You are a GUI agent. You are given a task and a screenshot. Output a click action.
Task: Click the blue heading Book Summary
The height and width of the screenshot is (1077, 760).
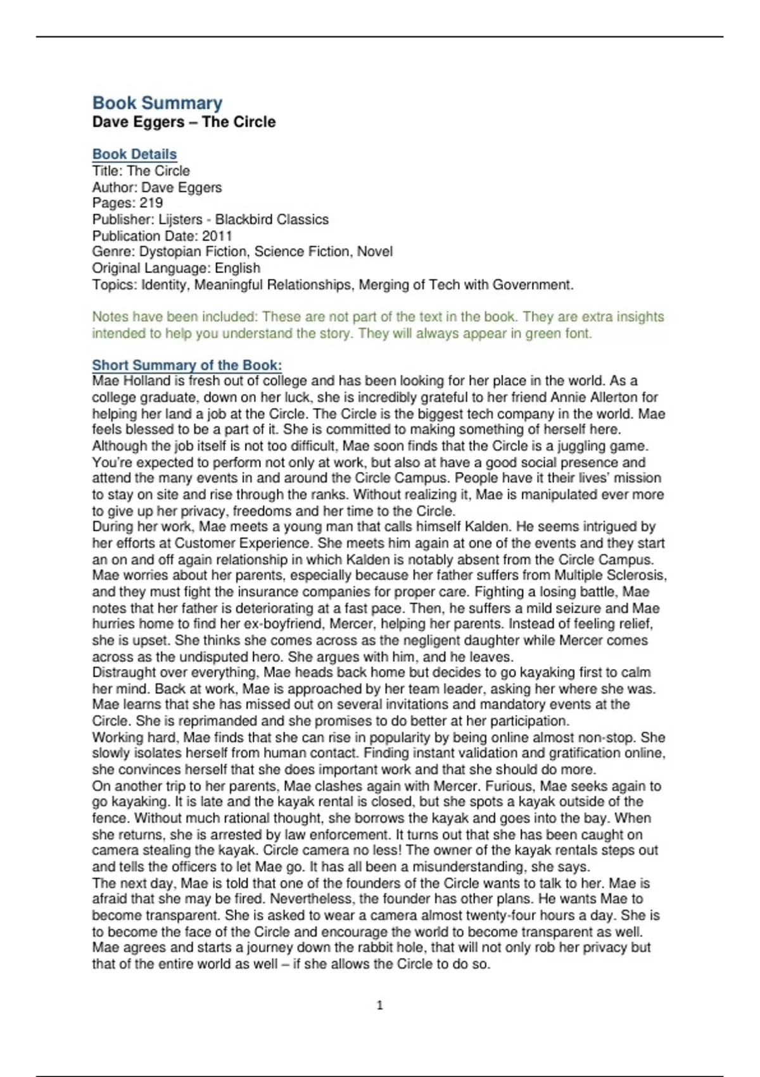click(157, 103)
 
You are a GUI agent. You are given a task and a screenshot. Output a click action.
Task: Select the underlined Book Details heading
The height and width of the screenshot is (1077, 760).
click(134, 154)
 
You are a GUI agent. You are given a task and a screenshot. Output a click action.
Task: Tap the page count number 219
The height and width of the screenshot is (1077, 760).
click(151, 203)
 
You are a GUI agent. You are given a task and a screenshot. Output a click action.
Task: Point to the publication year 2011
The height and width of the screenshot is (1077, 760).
click(217, 236)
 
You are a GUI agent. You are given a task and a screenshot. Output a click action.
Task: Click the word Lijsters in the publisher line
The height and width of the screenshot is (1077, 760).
click(180, 219)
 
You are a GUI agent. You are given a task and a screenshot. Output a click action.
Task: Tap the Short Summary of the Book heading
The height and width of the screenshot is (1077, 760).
click(187, 365)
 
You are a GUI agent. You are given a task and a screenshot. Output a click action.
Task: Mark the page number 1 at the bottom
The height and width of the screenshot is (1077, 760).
click(379, 1005)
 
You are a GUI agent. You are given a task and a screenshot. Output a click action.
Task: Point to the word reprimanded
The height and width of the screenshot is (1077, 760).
click(202, 721)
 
